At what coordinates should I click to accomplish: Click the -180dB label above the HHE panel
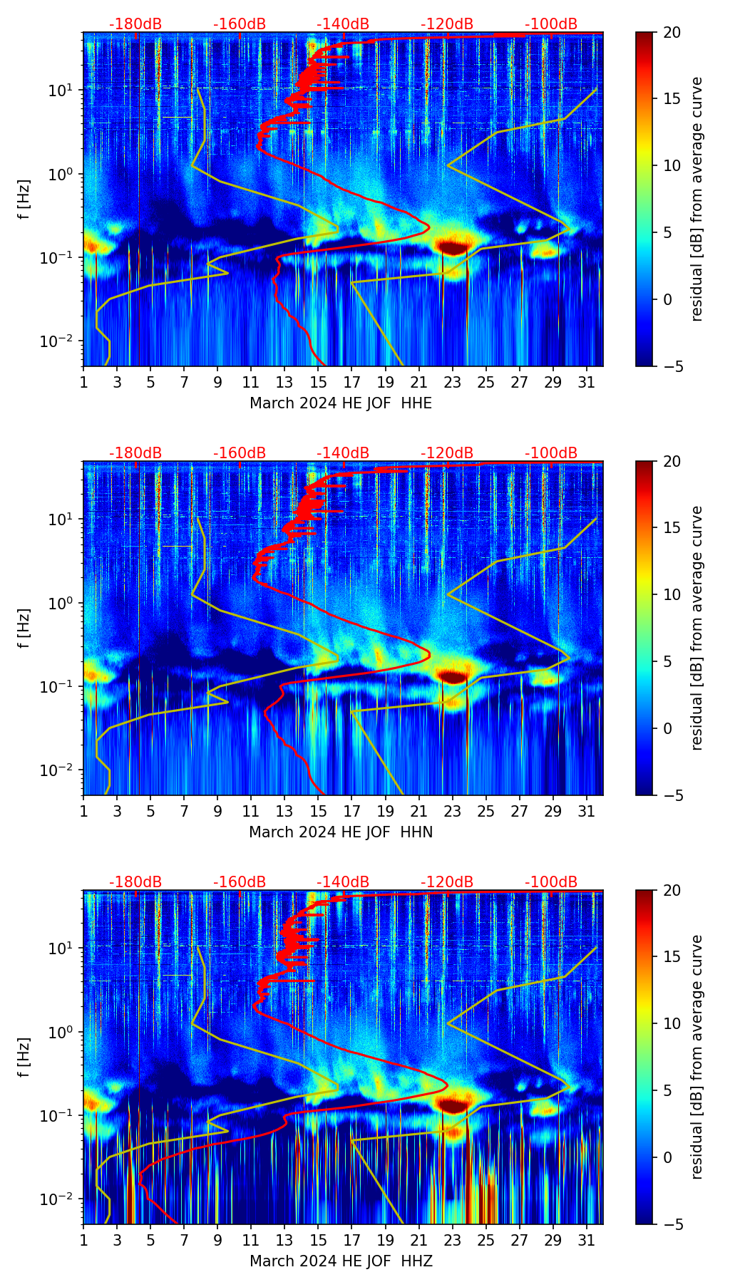click(135, 24)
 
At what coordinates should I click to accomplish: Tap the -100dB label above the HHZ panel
click(551, 882)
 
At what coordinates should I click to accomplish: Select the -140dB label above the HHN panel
click(343, 453)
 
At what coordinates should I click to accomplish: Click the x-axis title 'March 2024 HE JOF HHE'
click(341, 403)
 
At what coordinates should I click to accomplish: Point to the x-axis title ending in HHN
click(341, 832)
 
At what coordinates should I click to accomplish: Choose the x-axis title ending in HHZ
click(341, 1261)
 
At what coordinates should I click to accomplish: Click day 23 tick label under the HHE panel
click(452, 382)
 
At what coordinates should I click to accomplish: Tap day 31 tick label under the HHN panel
click(587, 811)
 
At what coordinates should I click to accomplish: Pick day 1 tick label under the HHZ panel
click(83, 1240)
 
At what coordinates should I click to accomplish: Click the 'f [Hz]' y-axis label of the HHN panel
click(25, 628)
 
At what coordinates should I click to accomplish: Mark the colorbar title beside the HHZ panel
click(697, 1057)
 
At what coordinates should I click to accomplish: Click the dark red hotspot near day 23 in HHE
click(453, 247)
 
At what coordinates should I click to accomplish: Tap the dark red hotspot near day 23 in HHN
click(453, 676)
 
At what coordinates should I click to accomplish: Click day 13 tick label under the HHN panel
click(284, 811)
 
